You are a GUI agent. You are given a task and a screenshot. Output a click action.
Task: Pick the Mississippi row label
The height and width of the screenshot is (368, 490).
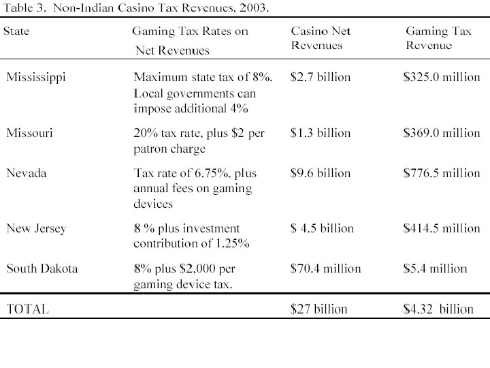coord(36,77)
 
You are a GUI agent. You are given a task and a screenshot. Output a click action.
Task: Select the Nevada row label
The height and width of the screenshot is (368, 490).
coord(26,174)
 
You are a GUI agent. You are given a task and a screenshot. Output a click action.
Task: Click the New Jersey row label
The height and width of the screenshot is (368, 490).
coord(36,228)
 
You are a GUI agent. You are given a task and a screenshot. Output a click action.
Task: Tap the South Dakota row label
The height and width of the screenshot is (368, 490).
coord(42,269)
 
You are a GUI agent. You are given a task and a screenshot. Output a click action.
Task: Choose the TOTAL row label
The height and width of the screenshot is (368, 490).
coord(27,309)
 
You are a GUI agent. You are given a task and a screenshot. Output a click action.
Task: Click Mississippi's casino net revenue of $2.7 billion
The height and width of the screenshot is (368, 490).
coord(321,77)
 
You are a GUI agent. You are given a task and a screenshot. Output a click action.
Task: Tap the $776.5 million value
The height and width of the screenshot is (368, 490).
coord(442,174)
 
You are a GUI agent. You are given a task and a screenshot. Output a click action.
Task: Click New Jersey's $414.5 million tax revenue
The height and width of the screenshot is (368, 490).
coord(442,228)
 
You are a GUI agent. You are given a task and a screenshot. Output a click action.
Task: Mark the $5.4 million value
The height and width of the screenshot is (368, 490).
coord(436,269)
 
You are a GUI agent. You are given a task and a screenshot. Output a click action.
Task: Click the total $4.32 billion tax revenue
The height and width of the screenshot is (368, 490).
coord(438,309)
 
